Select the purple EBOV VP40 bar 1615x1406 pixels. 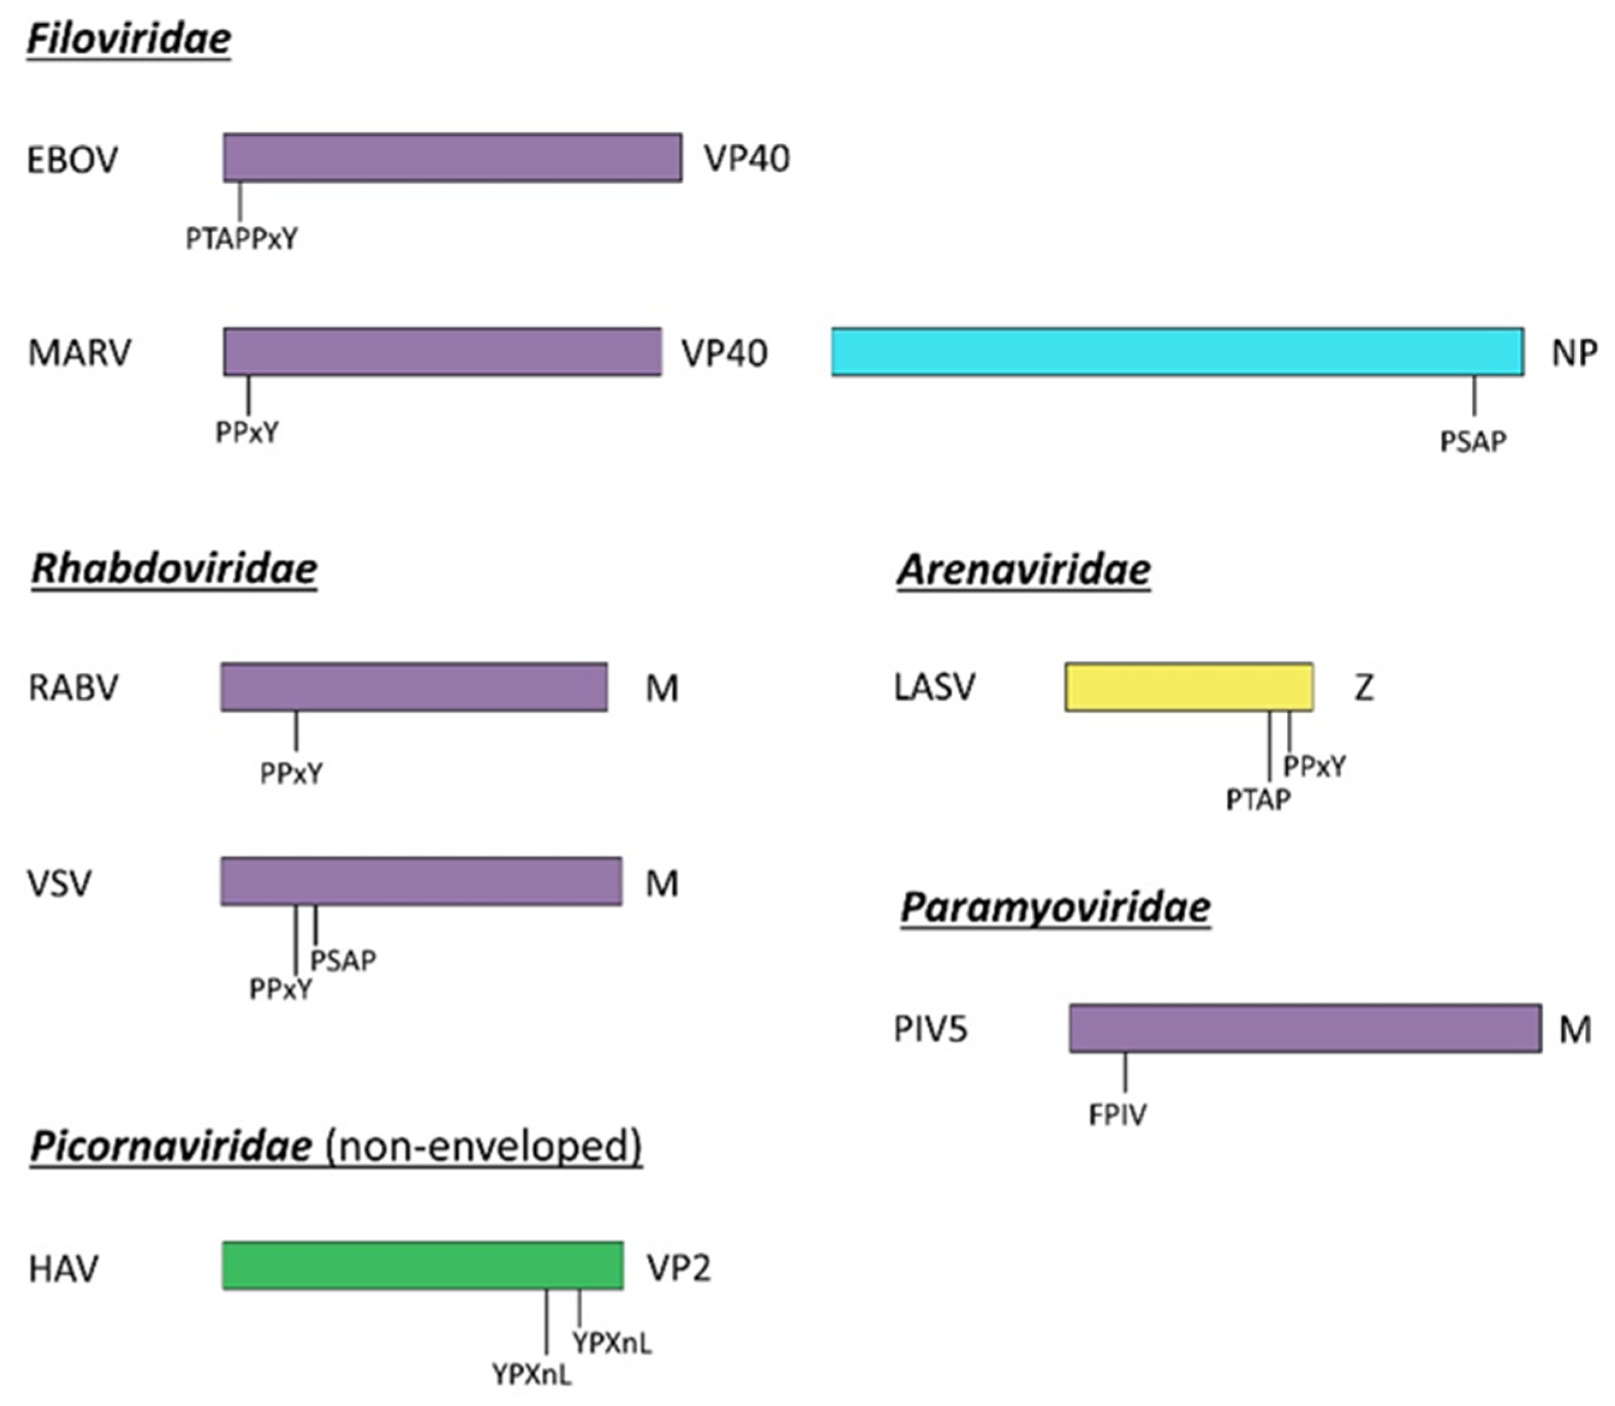coord(452,157)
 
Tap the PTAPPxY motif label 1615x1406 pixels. coord(241,239)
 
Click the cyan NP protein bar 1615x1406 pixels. coord(1177,351)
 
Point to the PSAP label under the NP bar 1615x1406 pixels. coord(1472,442)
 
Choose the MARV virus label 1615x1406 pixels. coord(79,353)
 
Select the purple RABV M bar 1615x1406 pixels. coord(413,687)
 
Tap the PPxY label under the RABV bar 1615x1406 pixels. coord(291,775)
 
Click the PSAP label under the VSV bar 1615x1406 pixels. coord(343,960)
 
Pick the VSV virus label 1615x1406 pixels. coord(59,883)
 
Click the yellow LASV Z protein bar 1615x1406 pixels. coord(1189,687)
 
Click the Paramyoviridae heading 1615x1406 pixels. coord(1055,908)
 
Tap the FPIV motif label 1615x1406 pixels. coord(1117,1115)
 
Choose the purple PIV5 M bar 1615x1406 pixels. coord(1304,1028)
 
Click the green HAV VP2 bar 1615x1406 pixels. coord(422,1265)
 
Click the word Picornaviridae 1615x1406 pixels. coord(171,1146)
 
